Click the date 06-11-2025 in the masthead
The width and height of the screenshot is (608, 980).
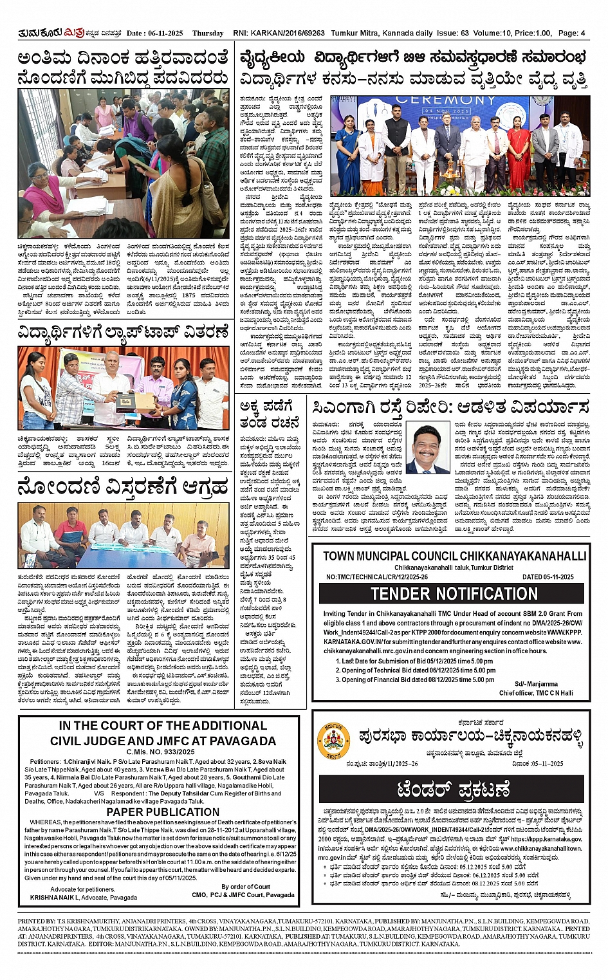[x=165, y=33]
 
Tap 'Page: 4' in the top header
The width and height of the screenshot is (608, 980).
[x=571, y=33]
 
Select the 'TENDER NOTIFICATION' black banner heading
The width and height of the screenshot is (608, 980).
[x=454, y=593]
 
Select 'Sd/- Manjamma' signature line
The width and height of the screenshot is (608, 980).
[x=536, y=684]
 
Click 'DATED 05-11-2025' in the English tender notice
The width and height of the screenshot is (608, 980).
[x=548, y=577]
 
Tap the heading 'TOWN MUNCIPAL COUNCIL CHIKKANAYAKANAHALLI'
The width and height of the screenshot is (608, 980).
[x=454, y=556]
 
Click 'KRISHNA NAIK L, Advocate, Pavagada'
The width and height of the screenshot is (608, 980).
[x=83, y=897]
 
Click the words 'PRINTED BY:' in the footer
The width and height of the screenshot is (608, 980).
[x=37, y=921]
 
